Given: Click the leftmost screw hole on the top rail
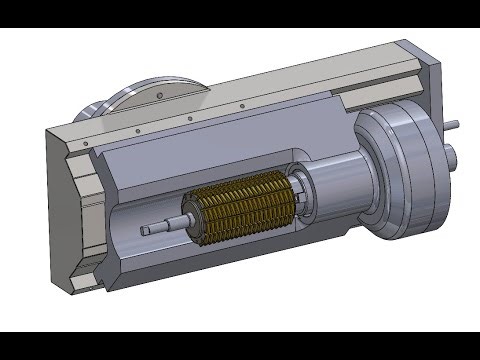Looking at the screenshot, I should [x=87, y=144].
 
